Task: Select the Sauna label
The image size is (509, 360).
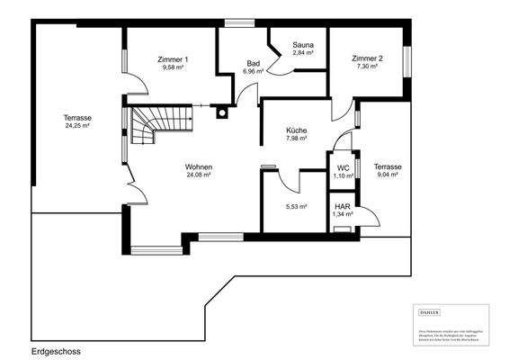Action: point(302,44)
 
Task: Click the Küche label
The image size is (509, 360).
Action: point(297,130)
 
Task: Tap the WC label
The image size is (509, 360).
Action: point(343,167)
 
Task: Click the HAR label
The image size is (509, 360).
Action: point(342,207)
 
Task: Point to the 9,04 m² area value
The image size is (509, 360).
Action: point(388,175)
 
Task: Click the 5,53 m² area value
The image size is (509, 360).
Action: point(296,206)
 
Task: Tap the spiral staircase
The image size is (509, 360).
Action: point(147,127)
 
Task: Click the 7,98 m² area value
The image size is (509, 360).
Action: point(297,139)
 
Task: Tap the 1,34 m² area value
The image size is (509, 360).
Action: point(343,215)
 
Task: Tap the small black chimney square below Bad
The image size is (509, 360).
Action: point(220,113)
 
